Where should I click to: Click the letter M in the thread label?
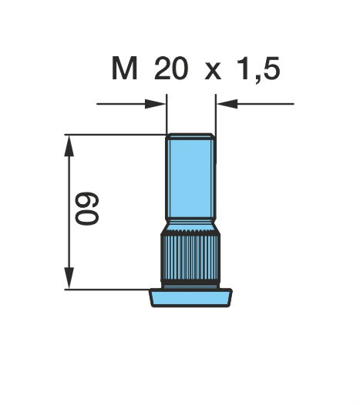(124, 69)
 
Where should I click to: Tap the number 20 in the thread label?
(170, 69)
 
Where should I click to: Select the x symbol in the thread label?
(213, 72)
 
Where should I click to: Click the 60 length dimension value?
(87, 209)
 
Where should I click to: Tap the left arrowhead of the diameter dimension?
(155, 104)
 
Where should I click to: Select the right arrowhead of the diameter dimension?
(227, 104)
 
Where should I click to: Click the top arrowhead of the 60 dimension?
(69, 146)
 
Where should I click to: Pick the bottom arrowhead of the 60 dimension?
(69, 278)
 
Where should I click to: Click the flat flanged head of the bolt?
(190, 298)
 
